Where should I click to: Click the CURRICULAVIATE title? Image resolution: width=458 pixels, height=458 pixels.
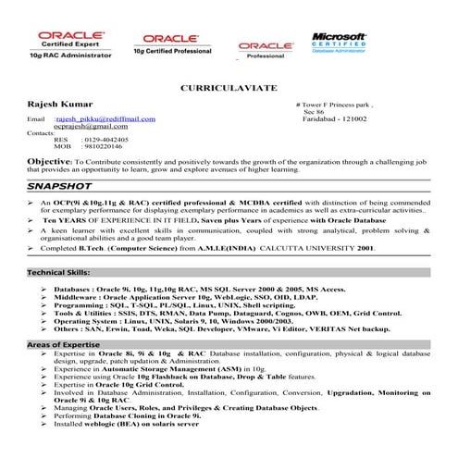coord(229,91)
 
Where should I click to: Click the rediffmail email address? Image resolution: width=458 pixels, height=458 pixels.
coord(105,119)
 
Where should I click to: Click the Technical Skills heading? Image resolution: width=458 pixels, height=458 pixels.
coord(58,275)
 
